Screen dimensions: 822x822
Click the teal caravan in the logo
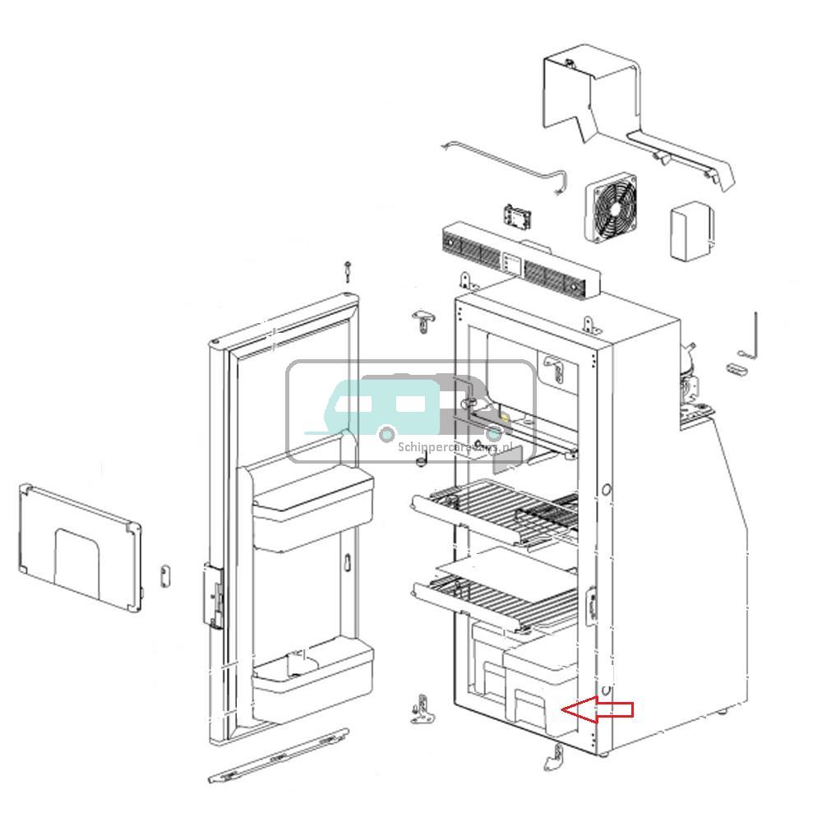pos(384,406)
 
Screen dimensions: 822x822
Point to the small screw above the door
pos(349,270)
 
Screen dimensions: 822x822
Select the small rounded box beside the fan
pos(691,232)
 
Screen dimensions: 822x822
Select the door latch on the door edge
pos(215,596)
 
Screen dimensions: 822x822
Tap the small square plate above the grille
pos(515,218)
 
